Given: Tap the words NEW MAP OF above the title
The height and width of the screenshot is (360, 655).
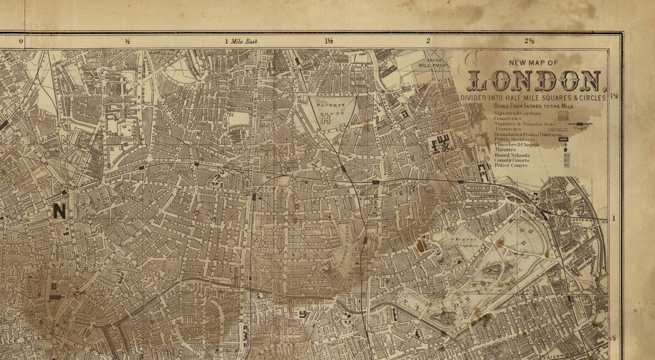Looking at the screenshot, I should (534, 63).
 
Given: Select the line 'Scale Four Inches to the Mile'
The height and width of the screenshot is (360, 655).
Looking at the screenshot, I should (534, 107).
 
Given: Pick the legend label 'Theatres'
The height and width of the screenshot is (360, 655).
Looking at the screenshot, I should (505, 150).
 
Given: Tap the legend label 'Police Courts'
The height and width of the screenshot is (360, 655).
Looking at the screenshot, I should (511, 165).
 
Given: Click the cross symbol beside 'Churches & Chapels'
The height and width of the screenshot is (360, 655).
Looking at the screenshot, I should (565, 145).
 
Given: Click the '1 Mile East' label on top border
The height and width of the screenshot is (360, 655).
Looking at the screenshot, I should (241, 41).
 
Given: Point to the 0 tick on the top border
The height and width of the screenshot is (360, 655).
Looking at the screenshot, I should (21, 41).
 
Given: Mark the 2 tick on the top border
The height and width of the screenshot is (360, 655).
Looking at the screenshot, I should (428, 41).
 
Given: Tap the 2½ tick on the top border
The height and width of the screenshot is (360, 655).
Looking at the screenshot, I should (530, 41).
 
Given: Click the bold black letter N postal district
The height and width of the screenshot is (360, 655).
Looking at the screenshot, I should (59, 211).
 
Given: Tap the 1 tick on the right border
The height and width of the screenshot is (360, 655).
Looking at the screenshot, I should (614, 218).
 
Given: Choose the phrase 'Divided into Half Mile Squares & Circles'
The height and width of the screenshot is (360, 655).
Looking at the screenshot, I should (534, 98).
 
